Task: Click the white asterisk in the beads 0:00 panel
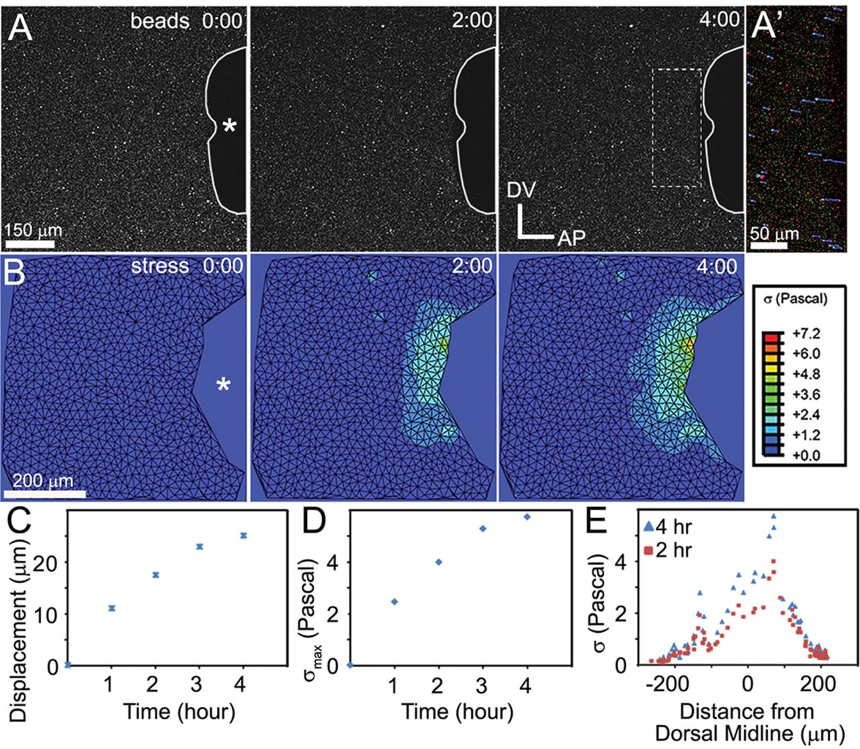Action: (229, 126)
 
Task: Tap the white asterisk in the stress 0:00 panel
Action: (223, 386)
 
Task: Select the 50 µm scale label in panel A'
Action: (774, 234)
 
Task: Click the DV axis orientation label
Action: (521, 191)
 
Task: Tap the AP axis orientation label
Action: (571, 237)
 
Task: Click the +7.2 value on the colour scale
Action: (806, 334)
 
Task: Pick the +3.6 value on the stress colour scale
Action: (806, 394)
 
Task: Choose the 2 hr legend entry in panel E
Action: (666, 550)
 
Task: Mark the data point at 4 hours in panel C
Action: (243, 535)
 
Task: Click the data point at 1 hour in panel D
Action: (394, 601)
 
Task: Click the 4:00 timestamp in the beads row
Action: (720, 19)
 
